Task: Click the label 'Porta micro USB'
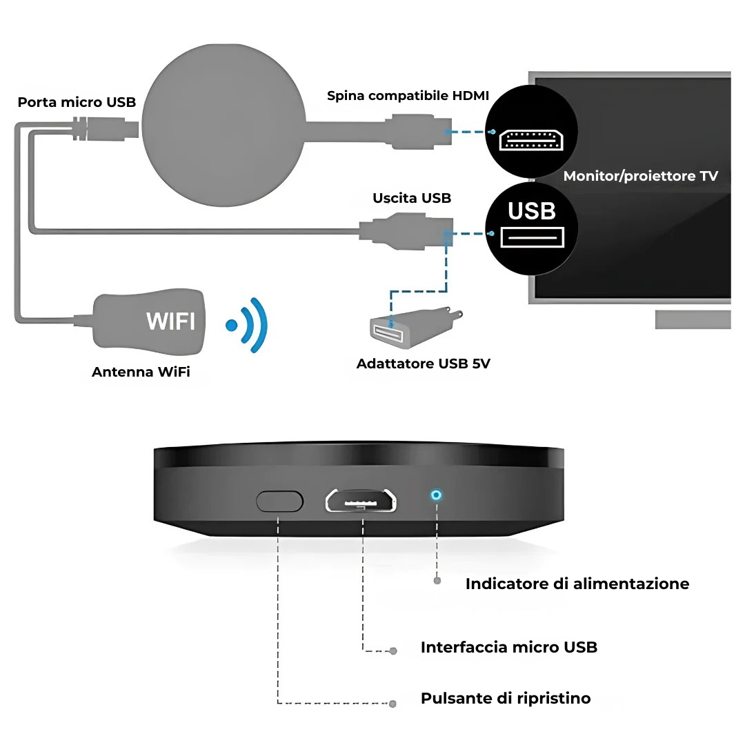tap(77, 102)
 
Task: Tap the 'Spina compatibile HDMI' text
tap(408, 95)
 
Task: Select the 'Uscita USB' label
tap(412, 198)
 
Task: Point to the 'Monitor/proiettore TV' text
tap(640, 176)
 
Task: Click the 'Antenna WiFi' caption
tap(141, 372)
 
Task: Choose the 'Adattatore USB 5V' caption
tap(423, 364)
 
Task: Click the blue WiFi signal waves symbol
tap(249, 324)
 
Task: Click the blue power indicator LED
tap(436, 495)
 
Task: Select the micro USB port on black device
tap(361, 501)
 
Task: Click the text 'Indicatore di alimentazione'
tap(577, 584)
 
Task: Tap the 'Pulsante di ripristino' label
tap(506, 698)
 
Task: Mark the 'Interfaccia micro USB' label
tap(508, 647)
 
